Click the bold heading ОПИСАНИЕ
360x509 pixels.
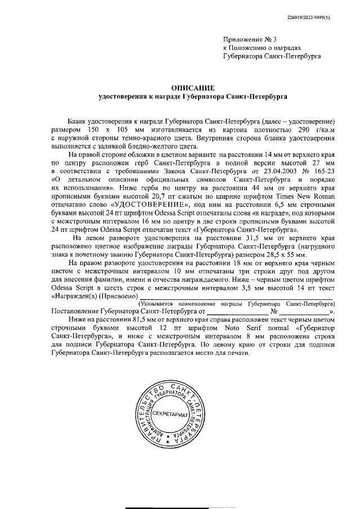193,87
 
